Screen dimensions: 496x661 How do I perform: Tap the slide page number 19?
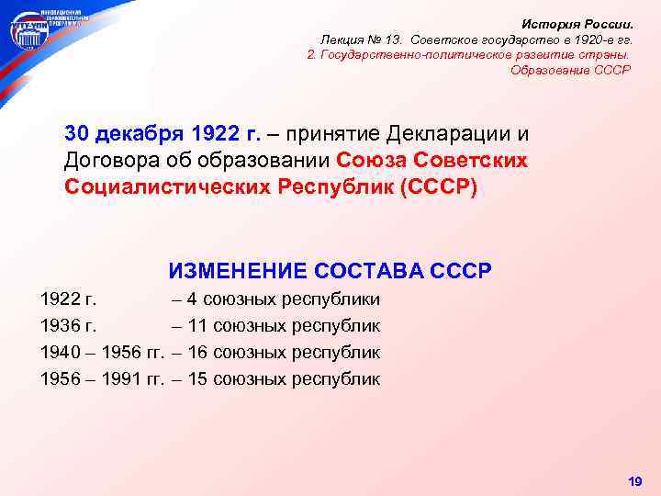(x=633, y=481)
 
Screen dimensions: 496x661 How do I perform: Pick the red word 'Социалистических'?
(x=166, y=186)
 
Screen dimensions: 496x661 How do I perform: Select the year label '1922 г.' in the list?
(x=70, y=299)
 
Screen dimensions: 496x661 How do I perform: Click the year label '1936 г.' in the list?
(x=70, y=326)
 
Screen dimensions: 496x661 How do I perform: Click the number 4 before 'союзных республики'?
(x=191, y=299)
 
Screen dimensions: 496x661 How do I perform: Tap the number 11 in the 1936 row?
(x=196, y=326)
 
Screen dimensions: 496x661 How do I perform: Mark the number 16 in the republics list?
(x=197, y=353)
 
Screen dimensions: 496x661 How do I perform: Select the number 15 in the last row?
(x=197, y=378)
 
